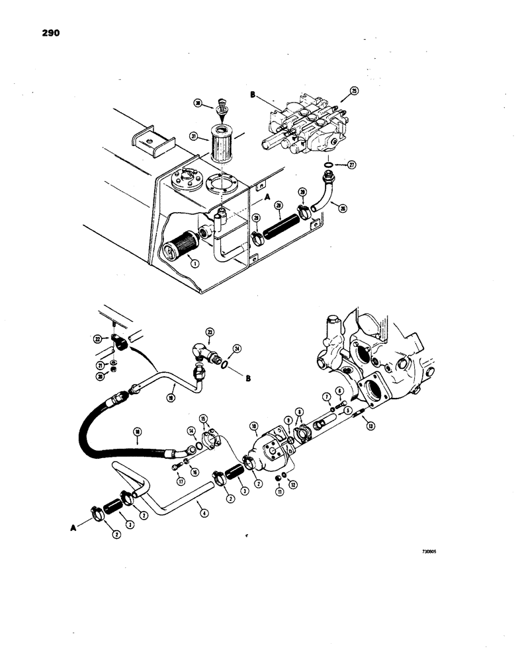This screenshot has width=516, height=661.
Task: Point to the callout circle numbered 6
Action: (340, 391)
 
